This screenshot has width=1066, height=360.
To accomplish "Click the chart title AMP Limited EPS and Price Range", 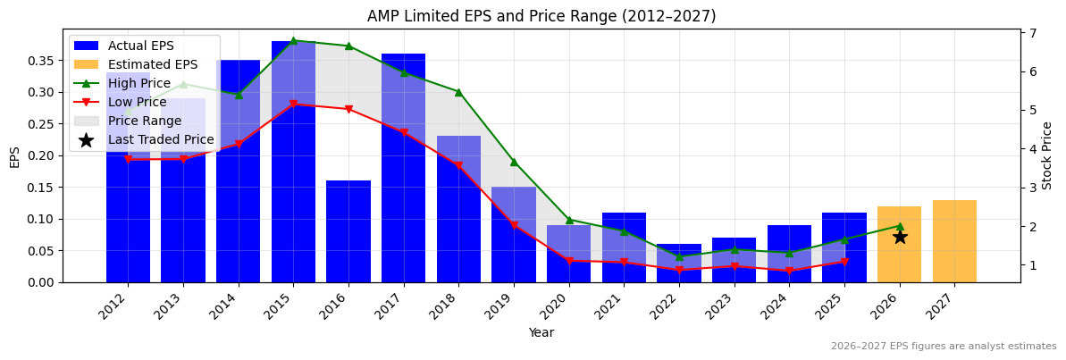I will pyautogui.click(x=541, y=16).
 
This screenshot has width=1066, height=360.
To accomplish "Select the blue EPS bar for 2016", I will pyautogui.click(x=348, y=231).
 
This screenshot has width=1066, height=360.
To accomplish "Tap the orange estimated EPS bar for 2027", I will pyautogui.click(x=954, y=241).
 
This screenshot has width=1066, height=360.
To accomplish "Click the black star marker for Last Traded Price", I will pyautogui.click(x=900, y=237).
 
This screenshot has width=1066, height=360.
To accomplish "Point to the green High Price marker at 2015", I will pyautogui.click(x=293, y=40).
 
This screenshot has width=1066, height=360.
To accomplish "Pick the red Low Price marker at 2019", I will pyautogui.click(x=514, y=225).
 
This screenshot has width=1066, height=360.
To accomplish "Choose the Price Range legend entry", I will pyautogui.click(x=144, y=121).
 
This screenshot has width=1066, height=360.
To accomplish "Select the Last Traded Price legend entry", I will pyautogui.click(x=160, y=139).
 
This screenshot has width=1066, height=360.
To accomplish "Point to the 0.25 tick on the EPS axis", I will pyautogui.click(x=42, y=124).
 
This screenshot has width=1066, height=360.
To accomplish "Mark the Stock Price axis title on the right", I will pyautogui.click(x=1048, y=155).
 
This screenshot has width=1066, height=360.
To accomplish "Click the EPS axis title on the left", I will pyautogui.click(x=14, y=156).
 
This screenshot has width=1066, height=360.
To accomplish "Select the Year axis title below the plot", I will pyautogui.click(x=541, y=332).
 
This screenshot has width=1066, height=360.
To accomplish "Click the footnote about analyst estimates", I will pyautogui.click(x=943, y=347).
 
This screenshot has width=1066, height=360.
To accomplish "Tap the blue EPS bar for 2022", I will pyautogui.click(x=679, y=264).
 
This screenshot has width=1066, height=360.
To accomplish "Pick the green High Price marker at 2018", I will pyautogui.click(x=458, y=92).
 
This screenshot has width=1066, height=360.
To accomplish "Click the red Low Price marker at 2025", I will pyautogui.click(x=844, y=262).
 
